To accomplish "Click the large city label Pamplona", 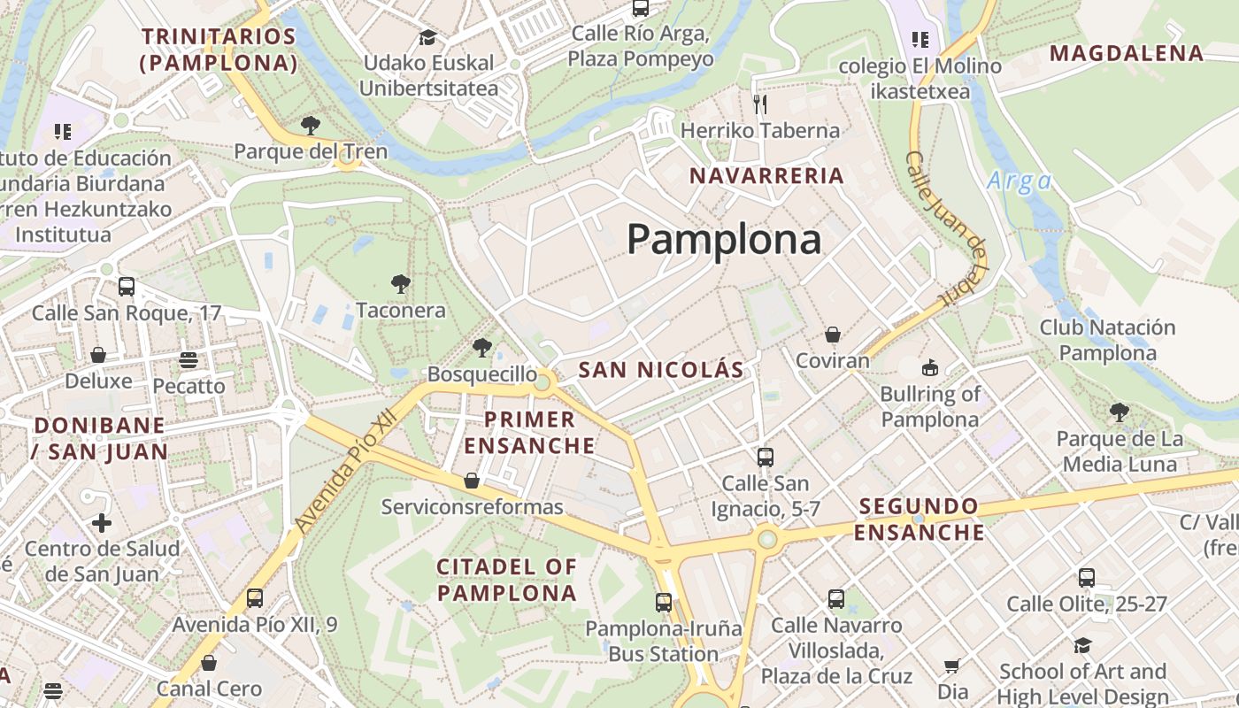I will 724,240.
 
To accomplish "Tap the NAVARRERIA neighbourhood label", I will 766,175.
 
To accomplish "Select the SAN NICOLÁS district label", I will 661,370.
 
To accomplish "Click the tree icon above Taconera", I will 401,284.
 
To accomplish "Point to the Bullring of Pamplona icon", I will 929,367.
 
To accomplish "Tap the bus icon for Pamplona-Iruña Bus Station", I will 664,603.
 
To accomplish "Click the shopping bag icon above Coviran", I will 832,335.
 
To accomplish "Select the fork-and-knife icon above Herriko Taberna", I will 759,104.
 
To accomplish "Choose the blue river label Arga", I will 1020,181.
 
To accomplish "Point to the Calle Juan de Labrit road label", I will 947,228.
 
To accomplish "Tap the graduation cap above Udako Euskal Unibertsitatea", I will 428,37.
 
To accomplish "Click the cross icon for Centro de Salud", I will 102,522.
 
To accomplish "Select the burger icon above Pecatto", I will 189,360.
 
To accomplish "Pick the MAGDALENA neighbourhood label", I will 1127,53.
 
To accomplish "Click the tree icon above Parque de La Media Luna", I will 1120,412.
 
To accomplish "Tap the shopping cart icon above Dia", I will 952,666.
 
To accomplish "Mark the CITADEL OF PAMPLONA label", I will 507,580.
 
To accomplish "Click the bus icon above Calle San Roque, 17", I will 127,287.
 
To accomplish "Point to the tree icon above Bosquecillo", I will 482,347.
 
